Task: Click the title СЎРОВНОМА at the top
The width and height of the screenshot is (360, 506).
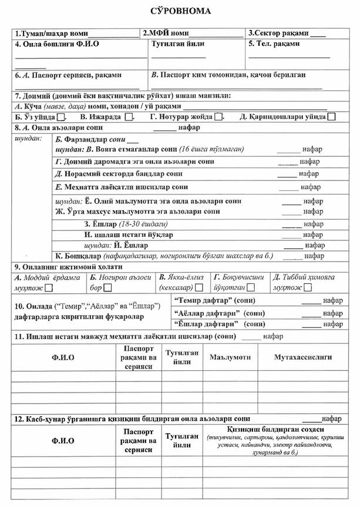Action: (x=180, y=11)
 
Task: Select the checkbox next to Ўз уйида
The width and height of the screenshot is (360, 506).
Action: (x=61, y=117)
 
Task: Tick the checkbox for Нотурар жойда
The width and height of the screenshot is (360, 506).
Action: (x=218, y=117)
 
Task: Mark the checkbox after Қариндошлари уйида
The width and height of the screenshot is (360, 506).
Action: (x=332, y=117)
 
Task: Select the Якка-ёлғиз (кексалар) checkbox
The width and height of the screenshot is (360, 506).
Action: (x=199, y=288)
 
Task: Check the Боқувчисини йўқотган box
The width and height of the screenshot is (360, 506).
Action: (x=251, y=288)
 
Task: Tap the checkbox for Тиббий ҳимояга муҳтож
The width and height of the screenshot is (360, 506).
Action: (x=307, y=288)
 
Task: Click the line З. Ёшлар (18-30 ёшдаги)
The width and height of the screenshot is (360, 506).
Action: (x=117, y=224)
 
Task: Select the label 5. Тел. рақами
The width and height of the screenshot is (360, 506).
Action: (x=278, y=44)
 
